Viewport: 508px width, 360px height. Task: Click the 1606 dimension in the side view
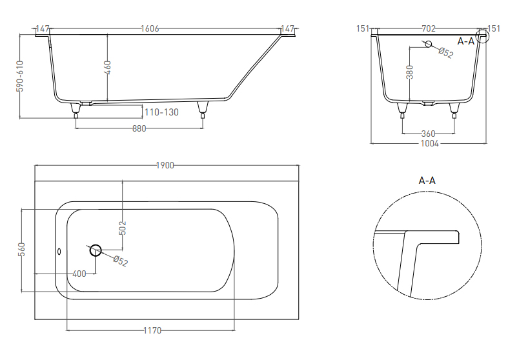click(x=150, y=28)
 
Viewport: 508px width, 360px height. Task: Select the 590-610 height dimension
click(x=20, y=76)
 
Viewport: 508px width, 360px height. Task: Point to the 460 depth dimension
click(x=108, y=67)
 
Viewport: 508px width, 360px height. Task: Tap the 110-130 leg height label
click(x=161, y=112)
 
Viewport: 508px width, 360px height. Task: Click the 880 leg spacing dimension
click(x=139, y=128)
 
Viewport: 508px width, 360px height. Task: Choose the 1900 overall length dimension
click(x=165, y=165)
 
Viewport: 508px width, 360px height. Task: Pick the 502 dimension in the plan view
click(x=123, y=228)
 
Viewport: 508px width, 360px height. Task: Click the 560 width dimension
click(x=22, y=249)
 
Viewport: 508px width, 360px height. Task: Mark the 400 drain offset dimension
click(x=79, y=274)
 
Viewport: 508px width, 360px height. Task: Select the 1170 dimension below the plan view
click(x=152, y=330)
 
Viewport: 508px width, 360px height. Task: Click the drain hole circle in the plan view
click(x=96, y=250)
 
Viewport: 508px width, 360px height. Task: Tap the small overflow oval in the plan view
click(x=59, y=252)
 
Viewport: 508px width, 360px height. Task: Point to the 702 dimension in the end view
click(x=429, y=28)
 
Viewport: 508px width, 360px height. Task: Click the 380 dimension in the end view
click(x=410, y=72)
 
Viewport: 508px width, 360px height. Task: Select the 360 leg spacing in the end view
click(x=429, y=134)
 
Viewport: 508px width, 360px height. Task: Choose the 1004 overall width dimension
click(x=430, y=143)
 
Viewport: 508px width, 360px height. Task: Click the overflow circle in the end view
click(x=429, y=44)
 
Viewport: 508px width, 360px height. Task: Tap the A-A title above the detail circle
click(x=427, y=181)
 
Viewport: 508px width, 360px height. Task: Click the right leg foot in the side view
click(x=203, y=115)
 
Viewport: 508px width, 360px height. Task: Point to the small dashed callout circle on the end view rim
click(x=482, y=36)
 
